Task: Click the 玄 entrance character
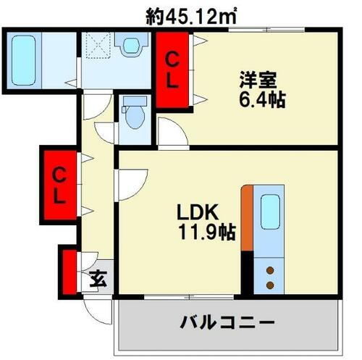pyautogui.click(x=98, y=278)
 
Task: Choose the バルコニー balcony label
pyautogui.click(x=225, y=322)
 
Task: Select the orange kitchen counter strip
pyautogui.click(x=248, y=219)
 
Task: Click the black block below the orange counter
pyautogui.click(x=248, y=273)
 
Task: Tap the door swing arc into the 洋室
pyautogui.click(x=172, y=133)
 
